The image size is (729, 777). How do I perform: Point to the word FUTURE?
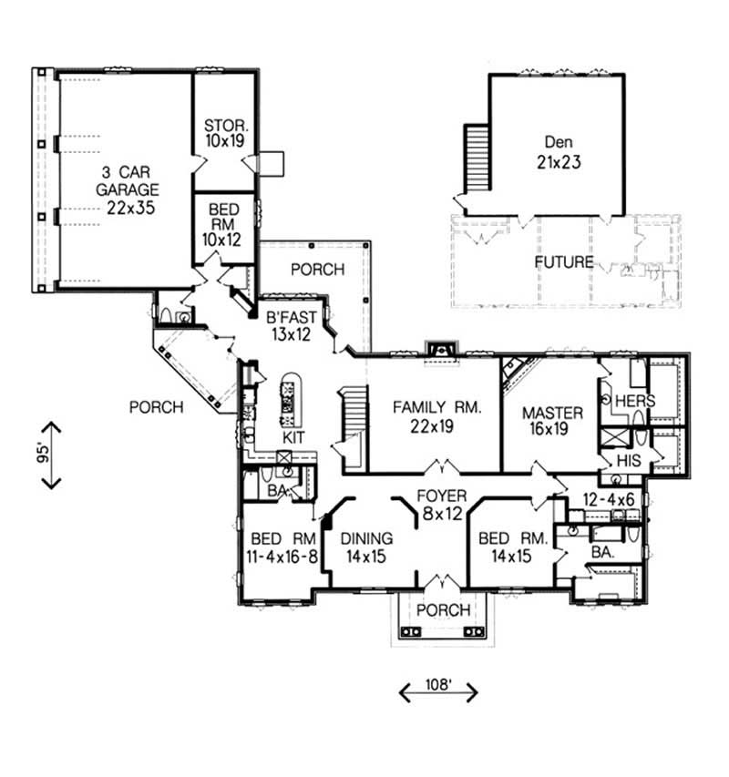pos(564,262)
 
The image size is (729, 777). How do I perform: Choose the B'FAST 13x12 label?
pos(292,326)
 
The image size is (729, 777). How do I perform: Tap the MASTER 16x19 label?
pos(552,422)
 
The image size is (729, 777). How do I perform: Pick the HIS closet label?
pos(630,461)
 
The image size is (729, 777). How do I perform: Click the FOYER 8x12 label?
pos(442,505)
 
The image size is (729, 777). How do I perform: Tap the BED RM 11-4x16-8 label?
pos(282,547)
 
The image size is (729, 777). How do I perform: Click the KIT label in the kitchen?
pos(293,438)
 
